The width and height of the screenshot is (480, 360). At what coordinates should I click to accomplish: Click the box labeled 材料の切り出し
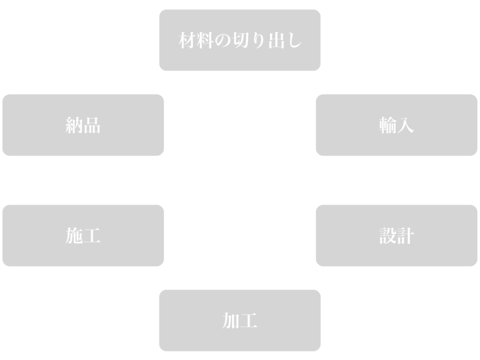click(x=240, y=40)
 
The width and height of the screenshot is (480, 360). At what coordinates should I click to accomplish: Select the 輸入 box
click(x=397, y=125)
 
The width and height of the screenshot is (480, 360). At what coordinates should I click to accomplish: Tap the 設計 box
click(x=397, y=236)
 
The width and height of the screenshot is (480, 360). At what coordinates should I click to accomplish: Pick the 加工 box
click(x=240, y=321)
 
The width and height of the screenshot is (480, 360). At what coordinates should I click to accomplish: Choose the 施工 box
click(x=83, y=236)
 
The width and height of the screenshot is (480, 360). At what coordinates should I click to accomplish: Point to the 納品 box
click(x=83, y=125)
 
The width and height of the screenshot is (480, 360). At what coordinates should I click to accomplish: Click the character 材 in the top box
click(x=187, y=41)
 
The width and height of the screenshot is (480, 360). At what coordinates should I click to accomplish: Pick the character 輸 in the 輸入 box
click(x=388, y=126)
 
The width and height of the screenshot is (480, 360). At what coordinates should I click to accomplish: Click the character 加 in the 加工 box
click(x=231, y=321)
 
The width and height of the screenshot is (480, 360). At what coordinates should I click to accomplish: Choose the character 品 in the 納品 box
click(x=92, y=126)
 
